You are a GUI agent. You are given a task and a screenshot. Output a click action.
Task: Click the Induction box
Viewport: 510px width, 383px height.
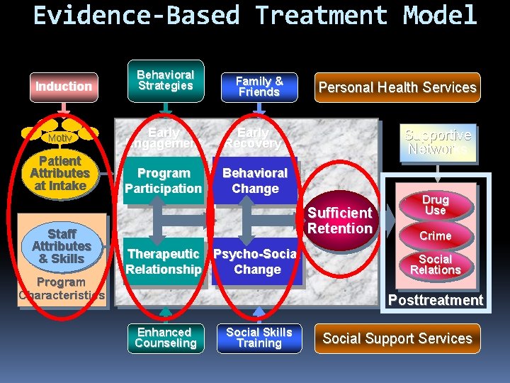[x=64, y=87]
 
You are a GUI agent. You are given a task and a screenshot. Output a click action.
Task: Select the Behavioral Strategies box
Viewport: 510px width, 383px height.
[x=165, y=80]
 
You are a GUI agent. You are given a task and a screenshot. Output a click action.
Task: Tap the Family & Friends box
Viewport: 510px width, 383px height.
[x=259, y=87]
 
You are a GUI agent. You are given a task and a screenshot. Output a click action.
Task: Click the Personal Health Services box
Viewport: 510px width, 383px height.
[x=397, y=87]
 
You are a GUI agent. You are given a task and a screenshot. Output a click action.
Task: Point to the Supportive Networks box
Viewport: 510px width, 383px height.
[x=437, y=142]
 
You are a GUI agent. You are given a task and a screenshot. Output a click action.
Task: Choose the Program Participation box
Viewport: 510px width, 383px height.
[x=164, y=181]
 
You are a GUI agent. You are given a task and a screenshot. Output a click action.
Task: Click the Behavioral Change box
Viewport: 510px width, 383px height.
[x=255, y=181]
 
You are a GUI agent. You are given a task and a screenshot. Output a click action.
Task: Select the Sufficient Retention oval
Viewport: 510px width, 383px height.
[x=339, y=221]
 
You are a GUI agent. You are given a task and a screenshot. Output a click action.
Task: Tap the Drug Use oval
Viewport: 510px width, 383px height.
[x=435, y=206]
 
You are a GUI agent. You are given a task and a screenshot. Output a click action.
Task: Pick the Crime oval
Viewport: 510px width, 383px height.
[x=435, y=235]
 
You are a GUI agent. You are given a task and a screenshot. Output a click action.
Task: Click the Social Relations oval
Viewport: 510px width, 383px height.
[x=435, y=265]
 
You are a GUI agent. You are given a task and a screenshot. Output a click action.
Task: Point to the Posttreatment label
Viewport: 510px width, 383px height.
[x=435, y=300]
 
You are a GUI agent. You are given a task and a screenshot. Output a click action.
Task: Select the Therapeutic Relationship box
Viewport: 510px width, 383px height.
[x=164, y=262]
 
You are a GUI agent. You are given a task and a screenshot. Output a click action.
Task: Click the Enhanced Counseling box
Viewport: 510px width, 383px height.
[x=165, y=338]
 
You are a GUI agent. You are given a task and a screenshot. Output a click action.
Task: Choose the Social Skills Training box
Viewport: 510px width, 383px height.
[x=259, y=338]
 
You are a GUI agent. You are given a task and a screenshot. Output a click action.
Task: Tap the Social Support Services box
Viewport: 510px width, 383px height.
[x=397, y=338]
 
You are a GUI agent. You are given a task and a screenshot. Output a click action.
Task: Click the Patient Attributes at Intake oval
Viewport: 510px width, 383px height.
[x=59, y=173]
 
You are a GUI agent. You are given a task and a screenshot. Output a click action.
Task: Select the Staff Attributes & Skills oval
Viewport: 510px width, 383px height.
[x=61, y=246]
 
